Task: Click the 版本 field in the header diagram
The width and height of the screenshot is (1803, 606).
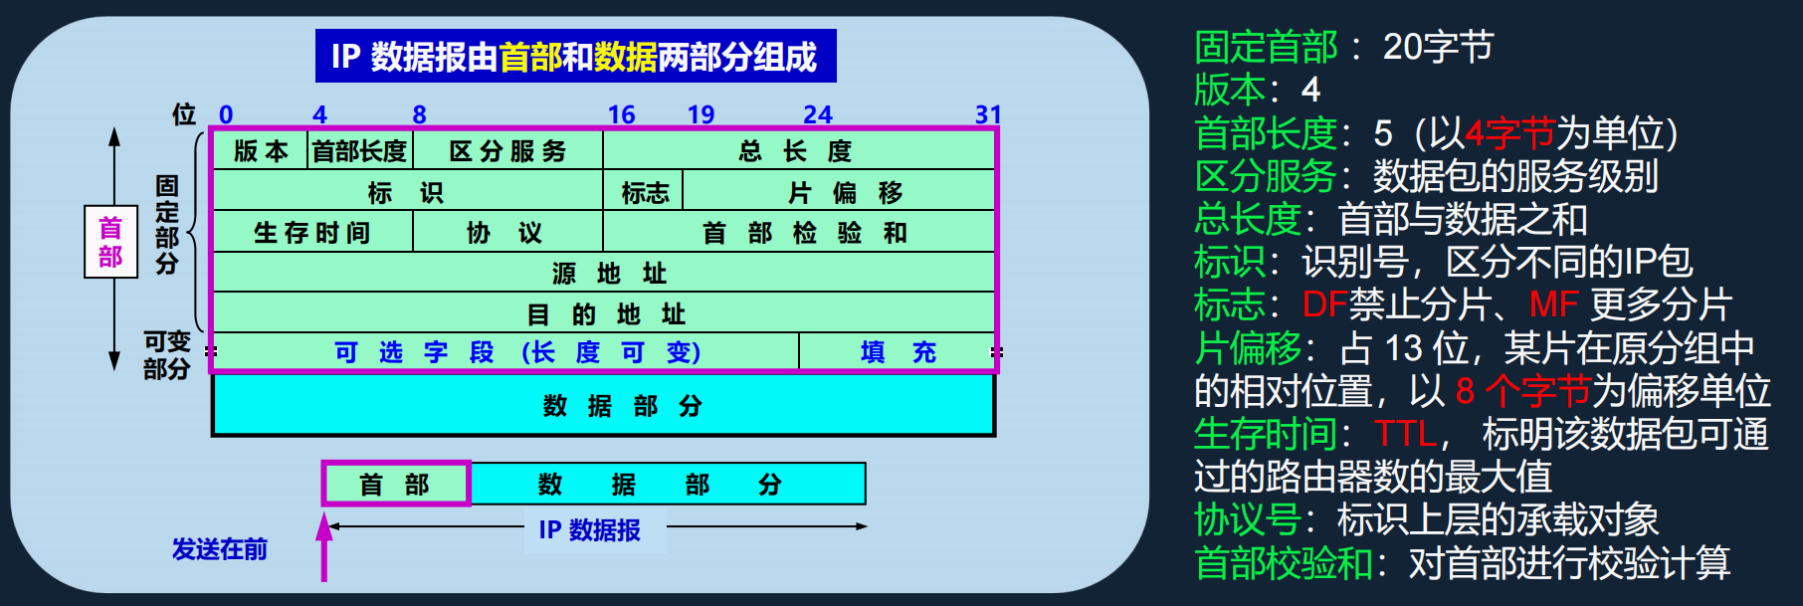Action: [x=261, y=151]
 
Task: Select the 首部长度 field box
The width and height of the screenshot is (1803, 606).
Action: [x=359, y=151]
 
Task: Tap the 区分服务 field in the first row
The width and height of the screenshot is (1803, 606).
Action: [x=507, y=151]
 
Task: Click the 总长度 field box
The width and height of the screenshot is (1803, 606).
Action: [x=796, y=151]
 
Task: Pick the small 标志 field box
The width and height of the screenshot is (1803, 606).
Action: [x=644, y=192]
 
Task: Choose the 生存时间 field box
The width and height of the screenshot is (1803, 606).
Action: [x=312, y=233]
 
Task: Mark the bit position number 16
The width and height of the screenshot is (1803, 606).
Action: [x=621, y=114]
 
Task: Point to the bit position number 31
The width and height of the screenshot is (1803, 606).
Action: [x=987, y=114]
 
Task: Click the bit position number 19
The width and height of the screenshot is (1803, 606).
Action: [x=701, y=114]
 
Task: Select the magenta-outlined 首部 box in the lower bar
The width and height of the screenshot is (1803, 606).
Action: [x=396, y=485]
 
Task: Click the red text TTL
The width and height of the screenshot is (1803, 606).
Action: [x=1405, y=434]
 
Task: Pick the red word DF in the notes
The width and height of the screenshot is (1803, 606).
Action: [x=1324, y=304]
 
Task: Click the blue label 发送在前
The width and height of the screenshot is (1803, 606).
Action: [x=219, y=549]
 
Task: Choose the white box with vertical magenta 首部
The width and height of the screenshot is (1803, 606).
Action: [x=110, y=243]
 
